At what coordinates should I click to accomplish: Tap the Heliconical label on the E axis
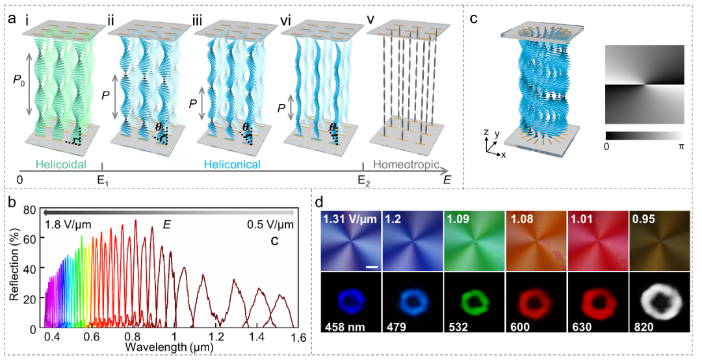(x=232, y=165)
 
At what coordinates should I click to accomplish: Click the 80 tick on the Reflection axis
(x=30, y=210)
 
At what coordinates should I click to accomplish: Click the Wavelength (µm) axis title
(x=170, y=348)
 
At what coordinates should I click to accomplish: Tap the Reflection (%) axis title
(x=15, y=266)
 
